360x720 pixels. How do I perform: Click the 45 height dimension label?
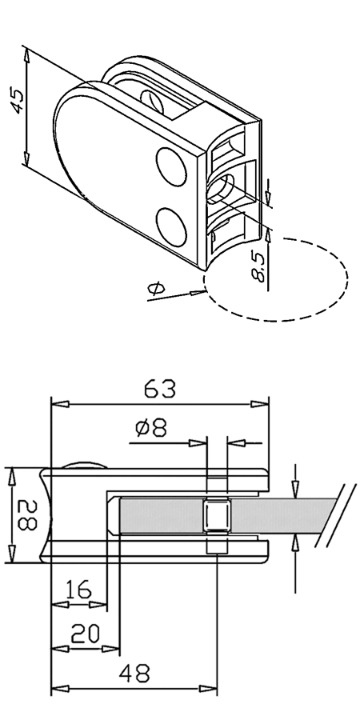[17, 101]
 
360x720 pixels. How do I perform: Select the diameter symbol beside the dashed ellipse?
[156, 289]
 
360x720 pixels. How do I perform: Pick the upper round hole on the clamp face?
[172, 166]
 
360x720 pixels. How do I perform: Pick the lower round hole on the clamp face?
[172, 227]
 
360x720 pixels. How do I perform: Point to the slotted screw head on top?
[152, 102]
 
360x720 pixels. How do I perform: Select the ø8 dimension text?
[151, 428]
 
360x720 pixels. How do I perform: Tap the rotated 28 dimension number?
[27, 515]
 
